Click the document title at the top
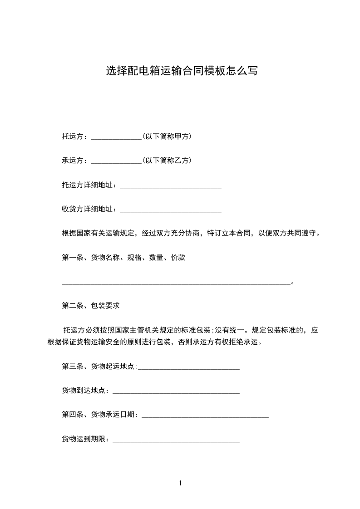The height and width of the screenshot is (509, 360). click(182, 71)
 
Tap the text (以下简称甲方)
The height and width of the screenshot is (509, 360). click(167, 136)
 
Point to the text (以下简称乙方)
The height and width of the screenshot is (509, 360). click(167, 160)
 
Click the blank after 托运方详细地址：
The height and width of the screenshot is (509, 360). click(170, 186)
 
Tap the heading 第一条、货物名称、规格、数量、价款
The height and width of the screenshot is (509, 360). click(123, 258)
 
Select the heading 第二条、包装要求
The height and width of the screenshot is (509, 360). click(91, 306)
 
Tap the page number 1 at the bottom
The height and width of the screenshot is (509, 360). click(180, 483)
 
